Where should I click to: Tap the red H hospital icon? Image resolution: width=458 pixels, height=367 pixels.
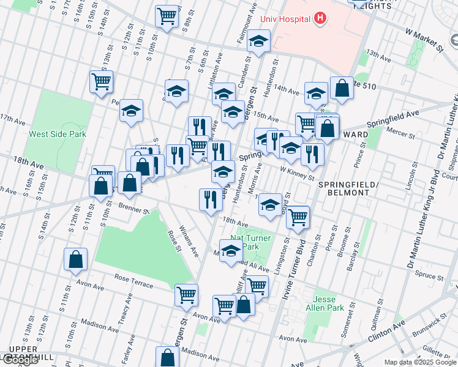319,19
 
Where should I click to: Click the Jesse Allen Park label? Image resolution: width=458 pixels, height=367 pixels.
329,304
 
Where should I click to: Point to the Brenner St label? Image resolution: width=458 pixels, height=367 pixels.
134,209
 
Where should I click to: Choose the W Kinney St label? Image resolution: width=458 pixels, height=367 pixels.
296,172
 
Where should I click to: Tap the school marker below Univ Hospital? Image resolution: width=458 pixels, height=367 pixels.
259,42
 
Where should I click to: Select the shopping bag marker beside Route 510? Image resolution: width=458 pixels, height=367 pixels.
342,88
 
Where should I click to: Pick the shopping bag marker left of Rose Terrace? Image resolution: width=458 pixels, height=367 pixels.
75,259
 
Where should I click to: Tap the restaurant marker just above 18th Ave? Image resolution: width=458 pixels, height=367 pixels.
209,199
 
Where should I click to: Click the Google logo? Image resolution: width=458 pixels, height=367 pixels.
20,360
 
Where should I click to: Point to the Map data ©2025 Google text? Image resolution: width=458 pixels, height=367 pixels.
419,362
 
